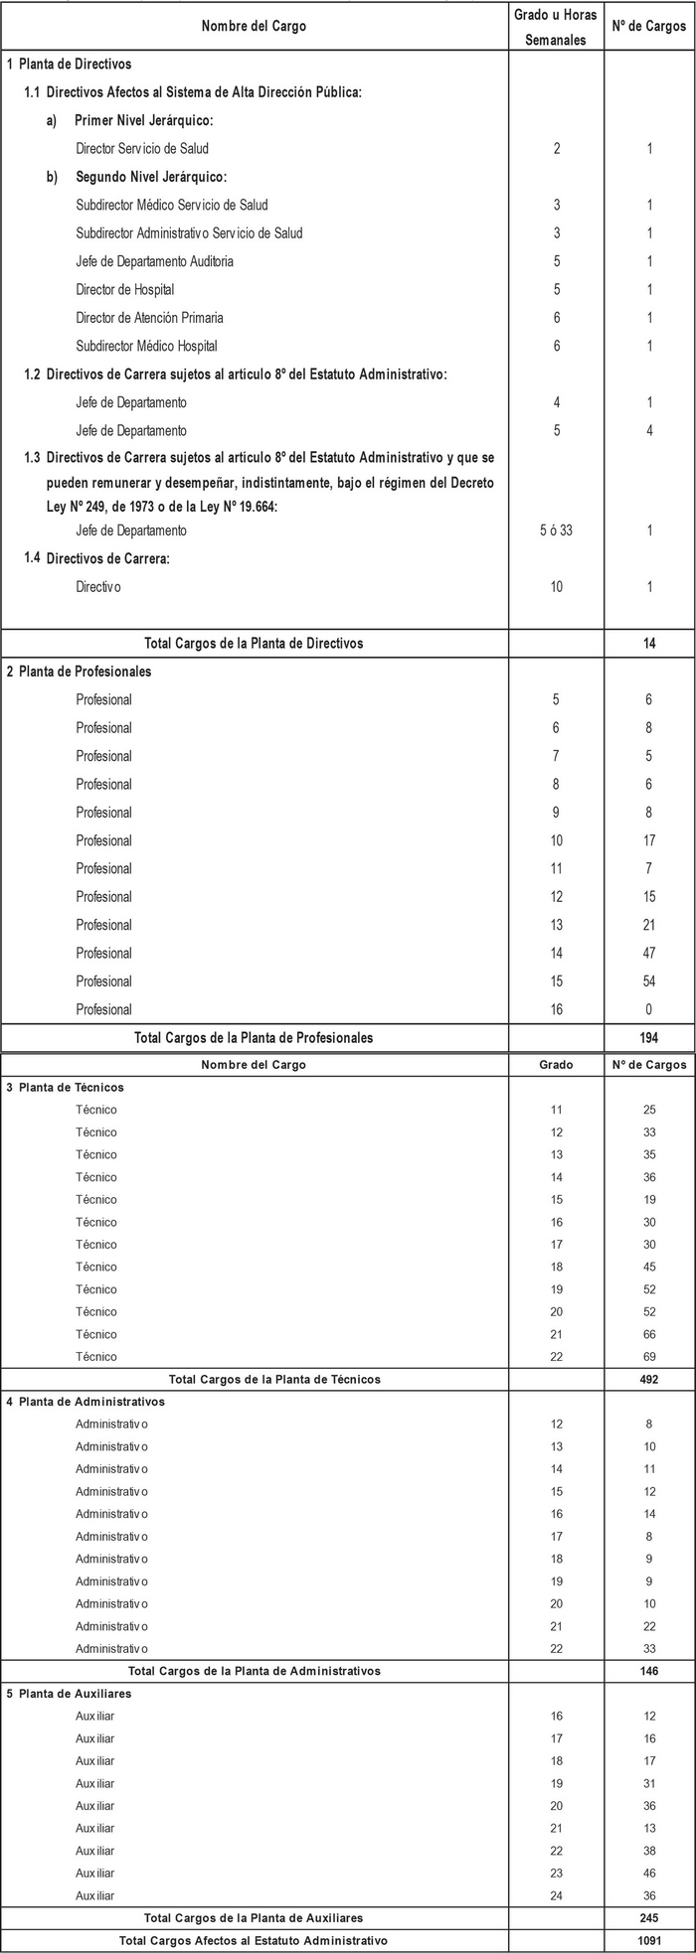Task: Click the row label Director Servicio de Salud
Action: (x=142, y=149)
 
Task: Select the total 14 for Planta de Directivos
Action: (x=649, y=644)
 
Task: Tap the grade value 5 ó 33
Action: (x=556, y=530)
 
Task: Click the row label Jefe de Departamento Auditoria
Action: (x=155, y=261)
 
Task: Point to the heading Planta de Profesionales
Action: (x=85, y=672)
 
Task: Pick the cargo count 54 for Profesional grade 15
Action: (x=649, y=981)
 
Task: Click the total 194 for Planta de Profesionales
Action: (x=649, y=1038)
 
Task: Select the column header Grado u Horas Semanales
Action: (x=556, y=27)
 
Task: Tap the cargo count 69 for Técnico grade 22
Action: (x=649, y=1357)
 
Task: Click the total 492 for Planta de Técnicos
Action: (x=649, y=1380)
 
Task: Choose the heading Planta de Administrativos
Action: (x=91, y=1402)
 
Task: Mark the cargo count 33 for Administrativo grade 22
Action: (x=649, y=1649)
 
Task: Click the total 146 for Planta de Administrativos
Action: (x=649, y=1671)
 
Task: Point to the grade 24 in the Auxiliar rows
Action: (x=556, y=1895)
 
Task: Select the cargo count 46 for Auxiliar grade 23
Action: (x=649, y=1874)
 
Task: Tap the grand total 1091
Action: (x=649, y=1940)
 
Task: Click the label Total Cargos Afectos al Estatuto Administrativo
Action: (x=254, y=1940)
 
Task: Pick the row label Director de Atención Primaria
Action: (x=149, y=318)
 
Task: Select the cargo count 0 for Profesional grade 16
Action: (x=649, y=1010)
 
